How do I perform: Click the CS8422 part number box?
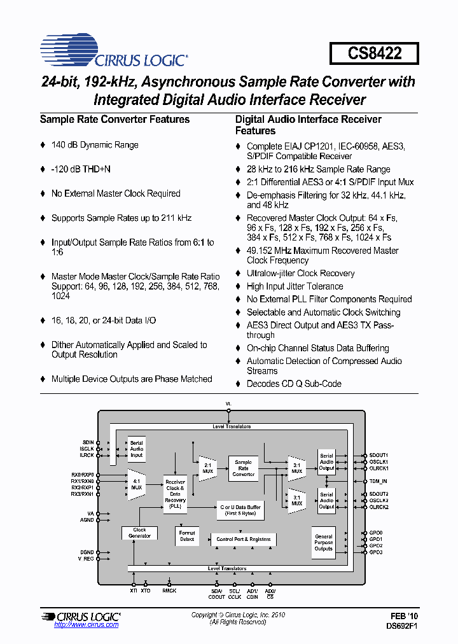374,53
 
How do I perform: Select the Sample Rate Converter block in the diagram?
243,468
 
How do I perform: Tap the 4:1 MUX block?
136,484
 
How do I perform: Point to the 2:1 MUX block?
207,468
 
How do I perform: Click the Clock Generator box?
139,533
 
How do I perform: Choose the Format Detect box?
187,536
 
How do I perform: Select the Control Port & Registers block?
243,539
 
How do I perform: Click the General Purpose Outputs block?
323,542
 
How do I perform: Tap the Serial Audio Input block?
136,449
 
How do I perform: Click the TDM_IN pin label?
379,481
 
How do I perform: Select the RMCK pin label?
169,591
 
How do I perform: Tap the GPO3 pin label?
376,552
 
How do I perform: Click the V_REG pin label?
85,559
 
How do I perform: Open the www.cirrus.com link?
87,625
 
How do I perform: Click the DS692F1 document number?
401,626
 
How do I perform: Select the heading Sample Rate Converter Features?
114,120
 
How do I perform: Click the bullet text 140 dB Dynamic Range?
95,145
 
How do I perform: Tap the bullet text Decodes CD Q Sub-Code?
294,384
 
